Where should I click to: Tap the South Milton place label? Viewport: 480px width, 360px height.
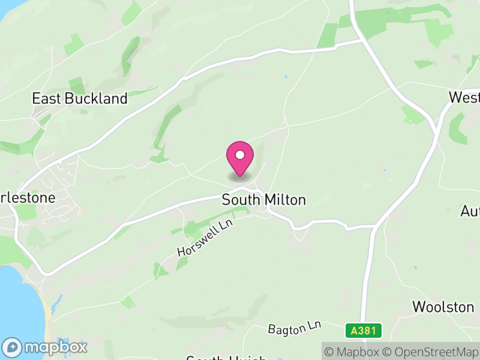[x=264, y=200]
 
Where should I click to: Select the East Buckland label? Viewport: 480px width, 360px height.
[x=80, y=98]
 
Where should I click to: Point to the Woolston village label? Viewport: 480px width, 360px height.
[x=443, y=307]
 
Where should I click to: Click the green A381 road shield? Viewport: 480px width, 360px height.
[x=364, y=331]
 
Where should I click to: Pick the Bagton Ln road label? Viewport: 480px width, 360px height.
[x=295, y=328]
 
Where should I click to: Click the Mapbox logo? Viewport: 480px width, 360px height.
[x=46, y=347]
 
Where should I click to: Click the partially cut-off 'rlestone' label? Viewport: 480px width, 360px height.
[x=28, y=197]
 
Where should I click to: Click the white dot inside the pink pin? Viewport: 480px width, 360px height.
[x=240, y=155]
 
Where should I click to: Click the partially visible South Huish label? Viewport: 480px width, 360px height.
[x=226, y=358]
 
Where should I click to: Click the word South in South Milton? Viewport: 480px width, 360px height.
[x=238, y=200]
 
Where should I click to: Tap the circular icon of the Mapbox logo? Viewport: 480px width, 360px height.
[x=13, y=347]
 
